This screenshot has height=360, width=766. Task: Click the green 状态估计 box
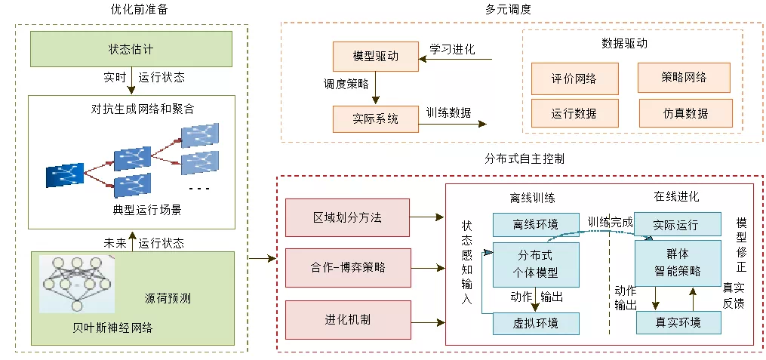[x=131, y=49]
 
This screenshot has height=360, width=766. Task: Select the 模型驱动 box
[x=376, y=56]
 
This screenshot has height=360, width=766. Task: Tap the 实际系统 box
[x=376, y=118]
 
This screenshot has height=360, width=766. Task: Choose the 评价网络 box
[x=574, y=78]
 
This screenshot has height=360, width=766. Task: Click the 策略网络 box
[x=684, y=77]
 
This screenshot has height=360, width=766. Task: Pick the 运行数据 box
[x=574, y=113]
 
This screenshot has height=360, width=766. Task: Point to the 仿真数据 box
[x=685, y=113]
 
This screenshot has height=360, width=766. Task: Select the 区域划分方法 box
[x=347, y=217]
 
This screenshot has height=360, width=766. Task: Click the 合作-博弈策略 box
[x=347, y=268]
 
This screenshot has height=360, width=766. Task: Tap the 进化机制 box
[x=347, y=320]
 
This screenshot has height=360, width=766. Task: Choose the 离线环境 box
[x=536, y=225]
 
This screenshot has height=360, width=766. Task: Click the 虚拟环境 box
[x=536, y=323]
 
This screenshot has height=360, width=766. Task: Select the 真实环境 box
[x=678, y=322]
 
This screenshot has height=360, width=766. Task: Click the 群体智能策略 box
[x=678, y=264]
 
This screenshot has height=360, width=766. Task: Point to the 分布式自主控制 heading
[x=525, y=158]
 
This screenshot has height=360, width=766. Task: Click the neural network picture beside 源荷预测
[x=77, y=284]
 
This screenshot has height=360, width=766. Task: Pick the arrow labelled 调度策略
[x=375, y=88]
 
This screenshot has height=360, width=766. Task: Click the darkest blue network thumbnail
[x=65, y=175]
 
